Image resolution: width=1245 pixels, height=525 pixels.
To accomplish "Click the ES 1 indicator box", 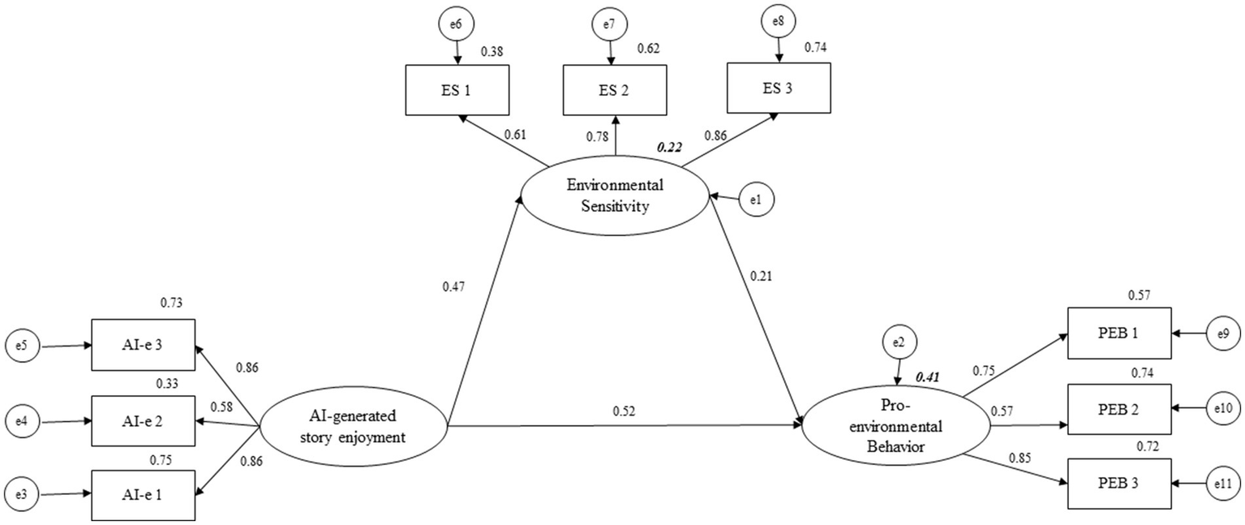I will point(457,90).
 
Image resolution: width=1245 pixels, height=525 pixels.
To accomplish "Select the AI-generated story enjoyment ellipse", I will point(353,427).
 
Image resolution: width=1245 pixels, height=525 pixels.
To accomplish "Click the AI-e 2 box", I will point(143,420).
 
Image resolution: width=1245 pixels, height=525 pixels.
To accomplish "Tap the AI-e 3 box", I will point(143,345).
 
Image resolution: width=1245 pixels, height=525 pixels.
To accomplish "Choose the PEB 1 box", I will point(1118,333).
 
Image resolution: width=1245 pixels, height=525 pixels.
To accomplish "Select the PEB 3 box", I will point(1118,483).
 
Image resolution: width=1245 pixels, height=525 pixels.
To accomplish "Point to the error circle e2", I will point(898,344).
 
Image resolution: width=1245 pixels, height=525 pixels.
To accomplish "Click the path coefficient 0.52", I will point(624,411).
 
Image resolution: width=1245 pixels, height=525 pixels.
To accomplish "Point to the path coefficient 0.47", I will point(454,286).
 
